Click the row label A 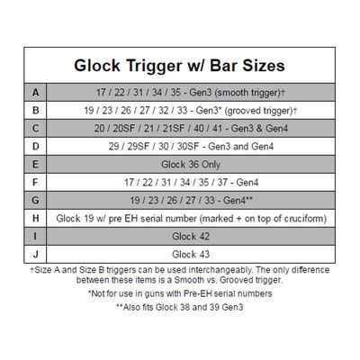tap(35, 93)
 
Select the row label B tap(35, 111)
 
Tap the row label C tap(35, 129)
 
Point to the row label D tap(35, 147)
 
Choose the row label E tap(35, 165)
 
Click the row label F tap(35, 183)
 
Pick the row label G tap(35, 201)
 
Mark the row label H tap(35, 219)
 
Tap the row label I tap(35, 237)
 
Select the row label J tap(35, 255)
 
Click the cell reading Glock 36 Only tap(191, 165)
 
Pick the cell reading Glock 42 tap(191, 237)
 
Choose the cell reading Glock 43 tap(191, 255)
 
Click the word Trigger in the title tap(153, 66)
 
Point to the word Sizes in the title tap(264, 66)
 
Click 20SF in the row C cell tap(124, 129)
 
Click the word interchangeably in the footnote tap(220, 270)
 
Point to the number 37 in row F tap(222, 183)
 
